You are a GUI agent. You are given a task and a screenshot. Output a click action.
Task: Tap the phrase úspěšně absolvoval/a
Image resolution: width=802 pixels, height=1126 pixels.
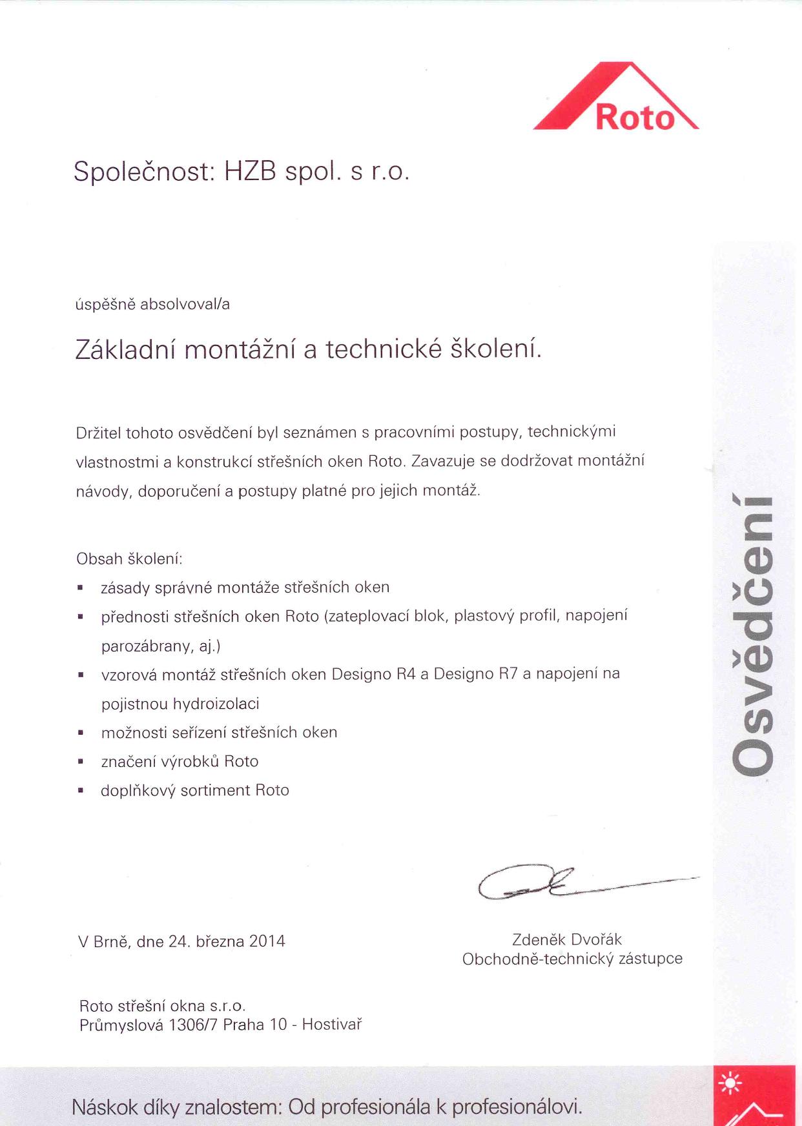pyautogui.click(x=153, y=304)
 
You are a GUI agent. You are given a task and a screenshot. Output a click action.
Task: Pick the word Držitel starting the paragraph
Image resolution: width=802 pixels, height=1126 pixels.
pyautogui.click(x=98, y=432)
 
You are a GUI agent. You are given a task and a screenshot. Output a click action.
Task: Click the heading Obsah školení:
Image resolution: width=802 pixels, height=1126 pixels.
pyautogui.click(x=129, y=558)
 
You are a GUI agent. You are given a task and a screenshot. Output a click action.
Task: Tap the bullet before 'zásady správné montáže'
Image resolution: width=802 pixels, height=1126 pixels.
pyautogui.click(x=80, y=588)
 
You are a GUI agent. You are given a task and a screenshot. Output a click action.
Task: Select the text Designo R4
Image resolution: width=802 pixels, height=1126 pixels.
pyautogui.click(x=373, y=674)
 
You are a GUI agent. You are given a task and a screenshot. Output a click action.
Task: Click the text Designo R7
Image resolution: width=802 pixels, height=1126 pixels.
pyautogui.click(x=475, y=674)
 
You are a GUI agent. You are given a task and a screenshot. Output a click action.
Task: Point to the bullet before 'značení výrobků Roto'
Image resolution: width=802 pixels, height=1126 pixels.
pyautogui.click(x=80, y=762)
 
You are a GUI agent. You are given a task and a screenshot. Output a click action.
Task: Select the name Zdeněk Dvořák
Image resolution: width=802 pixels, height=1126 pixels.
pyautogui.click(x=567, y=939)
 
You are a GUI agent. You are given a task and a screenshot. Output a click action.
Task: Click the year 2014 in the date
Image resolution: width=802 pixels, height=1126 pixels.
pyautogui.click(x=267, y=941)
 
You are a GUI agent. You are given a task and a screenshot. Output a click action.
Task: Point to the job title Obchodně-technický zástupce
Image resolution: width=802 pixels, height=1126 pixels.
pyautogui.click(x=572, y=959)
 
